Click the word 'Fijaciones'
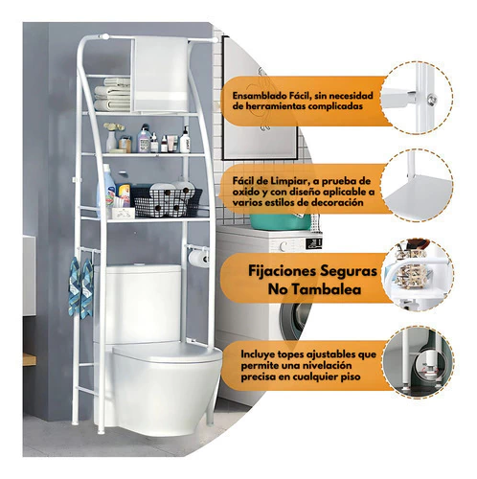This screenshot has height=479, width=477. [283, 271]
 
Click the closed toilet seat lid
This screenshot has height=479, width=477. [167, 352]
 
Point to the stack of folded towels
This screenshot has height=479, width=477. [112, 95]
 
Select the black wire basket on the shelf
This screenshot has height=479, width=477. [167, 202]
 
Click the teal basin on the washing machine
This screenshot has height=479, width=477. [280, 222]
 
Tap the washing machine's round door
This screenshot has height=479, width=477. [294, 319]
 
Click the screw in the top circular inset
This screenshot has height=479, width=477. [433, 100]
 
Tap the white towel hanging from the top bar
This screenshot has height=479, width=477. [161, 74]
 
